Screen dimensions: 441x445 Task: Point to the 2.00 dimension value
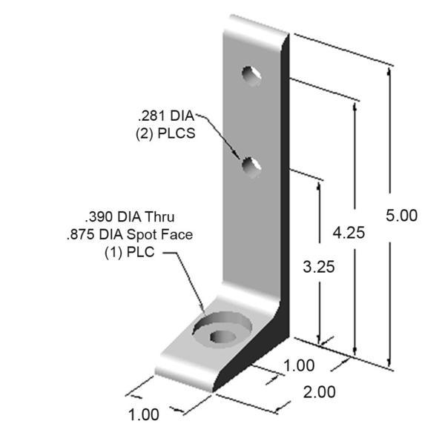coord(320,392)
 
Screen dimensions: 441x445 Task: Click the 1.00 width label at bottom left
coord(144,414)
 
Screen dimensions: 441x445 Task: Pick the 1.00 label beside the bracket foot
coord(300,365)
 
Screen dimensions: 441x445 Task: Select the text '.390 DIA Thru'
coord(129,218)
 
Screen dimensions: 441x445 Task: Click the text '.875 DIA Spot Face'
coord(128,235)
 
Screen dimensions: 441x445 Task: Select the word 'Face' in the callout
coord(176,235)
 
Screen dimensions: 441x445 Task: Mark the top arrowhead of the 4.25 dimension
coord(356,104)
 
